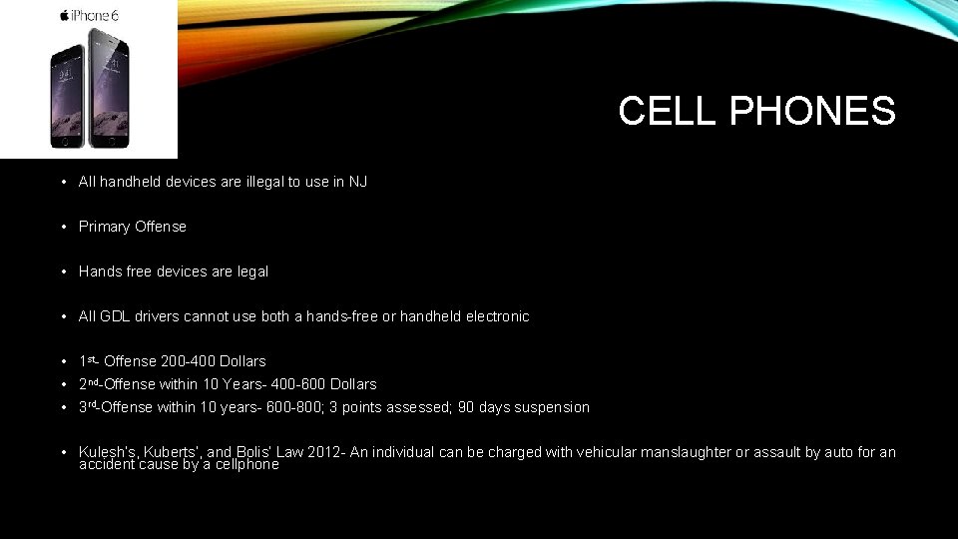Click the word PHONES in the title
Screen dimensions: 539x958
(x=812, y=111)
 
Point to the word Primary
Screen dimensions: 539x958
(x=105, y=227)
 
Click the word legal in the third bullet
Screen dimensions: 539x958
(x=251, y=271)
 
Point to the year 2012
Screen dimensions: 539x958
(x=324, y=452)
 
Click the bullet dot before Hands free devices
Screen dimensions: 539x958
(x=63, y=271)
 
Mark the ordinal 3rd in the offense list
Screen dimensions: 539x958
(x=88, y=406)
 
